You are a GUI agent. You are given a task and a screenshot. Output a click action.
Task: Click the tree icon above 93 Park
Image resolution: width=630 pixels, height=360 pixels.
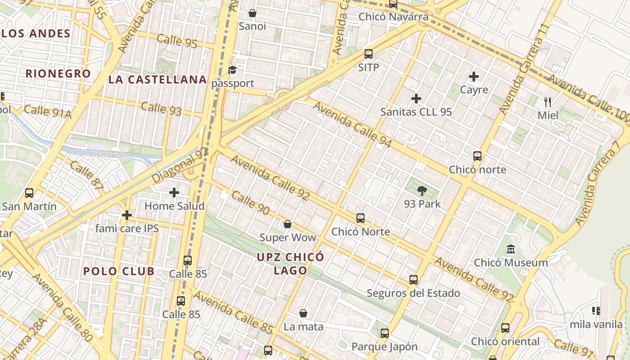click(422, 191)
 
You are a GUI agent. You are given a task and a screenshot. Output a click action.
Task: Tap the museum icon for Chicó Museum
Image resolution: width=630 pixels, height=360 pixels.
click(511, 249)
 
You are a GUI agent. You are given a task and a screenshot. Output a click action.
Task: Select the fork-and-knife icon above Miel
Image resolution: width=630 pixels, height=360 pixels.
click(548, 102)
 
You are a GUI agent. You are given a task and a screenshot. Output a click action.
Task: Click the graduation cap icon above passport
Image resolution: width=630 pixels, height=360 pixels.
click(232, 70)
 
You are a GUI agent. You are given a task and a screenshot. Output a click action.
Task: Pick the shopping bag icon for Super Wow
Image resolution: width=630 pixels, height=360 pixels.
click(288, 224)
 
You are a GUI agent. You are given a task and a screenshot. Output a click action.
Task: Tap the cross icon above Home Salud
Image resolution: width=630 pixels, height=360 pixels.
click(174, 193)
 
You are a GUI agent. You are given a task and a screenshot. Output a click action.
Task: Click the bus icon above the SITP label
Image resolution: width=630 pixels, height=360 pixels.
click(369, 54)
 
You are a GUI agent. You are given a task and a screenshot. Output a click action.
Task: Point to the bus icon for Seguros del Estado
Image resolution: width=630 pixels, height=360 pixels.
click(414, 280)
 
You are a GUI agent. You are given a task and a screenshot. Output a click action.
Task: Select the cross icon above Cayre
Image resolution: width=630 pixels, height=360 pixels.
click(474, 76)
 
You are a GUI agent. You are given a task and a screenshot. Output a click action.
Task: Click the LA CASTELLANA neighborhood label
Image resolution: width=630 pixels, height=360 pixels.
click(157, 80)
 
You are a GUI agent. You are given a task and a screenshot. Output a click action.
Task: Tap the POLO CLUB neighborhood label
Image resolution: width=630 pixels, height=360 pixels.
click(119, 271)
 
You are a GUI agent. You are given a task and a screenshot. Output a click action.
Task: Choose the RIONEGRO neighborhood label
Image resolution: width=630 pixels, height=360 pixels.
click(58, 73)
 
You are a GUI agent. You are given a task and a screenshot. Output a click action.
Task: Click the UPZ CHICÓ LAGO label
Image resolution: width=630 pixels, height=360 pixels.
click(290, 264)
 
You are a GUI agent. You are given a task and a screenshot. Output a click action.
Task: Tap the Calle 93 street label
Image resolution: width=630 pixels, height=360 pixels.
click(161, 108)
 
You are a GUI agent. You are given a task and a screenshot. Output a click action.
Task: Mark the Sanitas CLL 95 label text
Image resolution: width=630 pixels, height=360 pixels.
click(416, 112)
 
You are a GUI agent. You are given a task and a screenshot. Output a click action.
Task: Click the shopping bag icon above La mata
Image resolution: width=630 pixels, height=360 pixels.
click(303, 313)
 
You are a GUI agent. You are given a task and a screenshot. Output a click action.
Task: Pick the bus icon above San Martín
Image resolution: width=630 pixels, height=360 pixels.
click(29, 193)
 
